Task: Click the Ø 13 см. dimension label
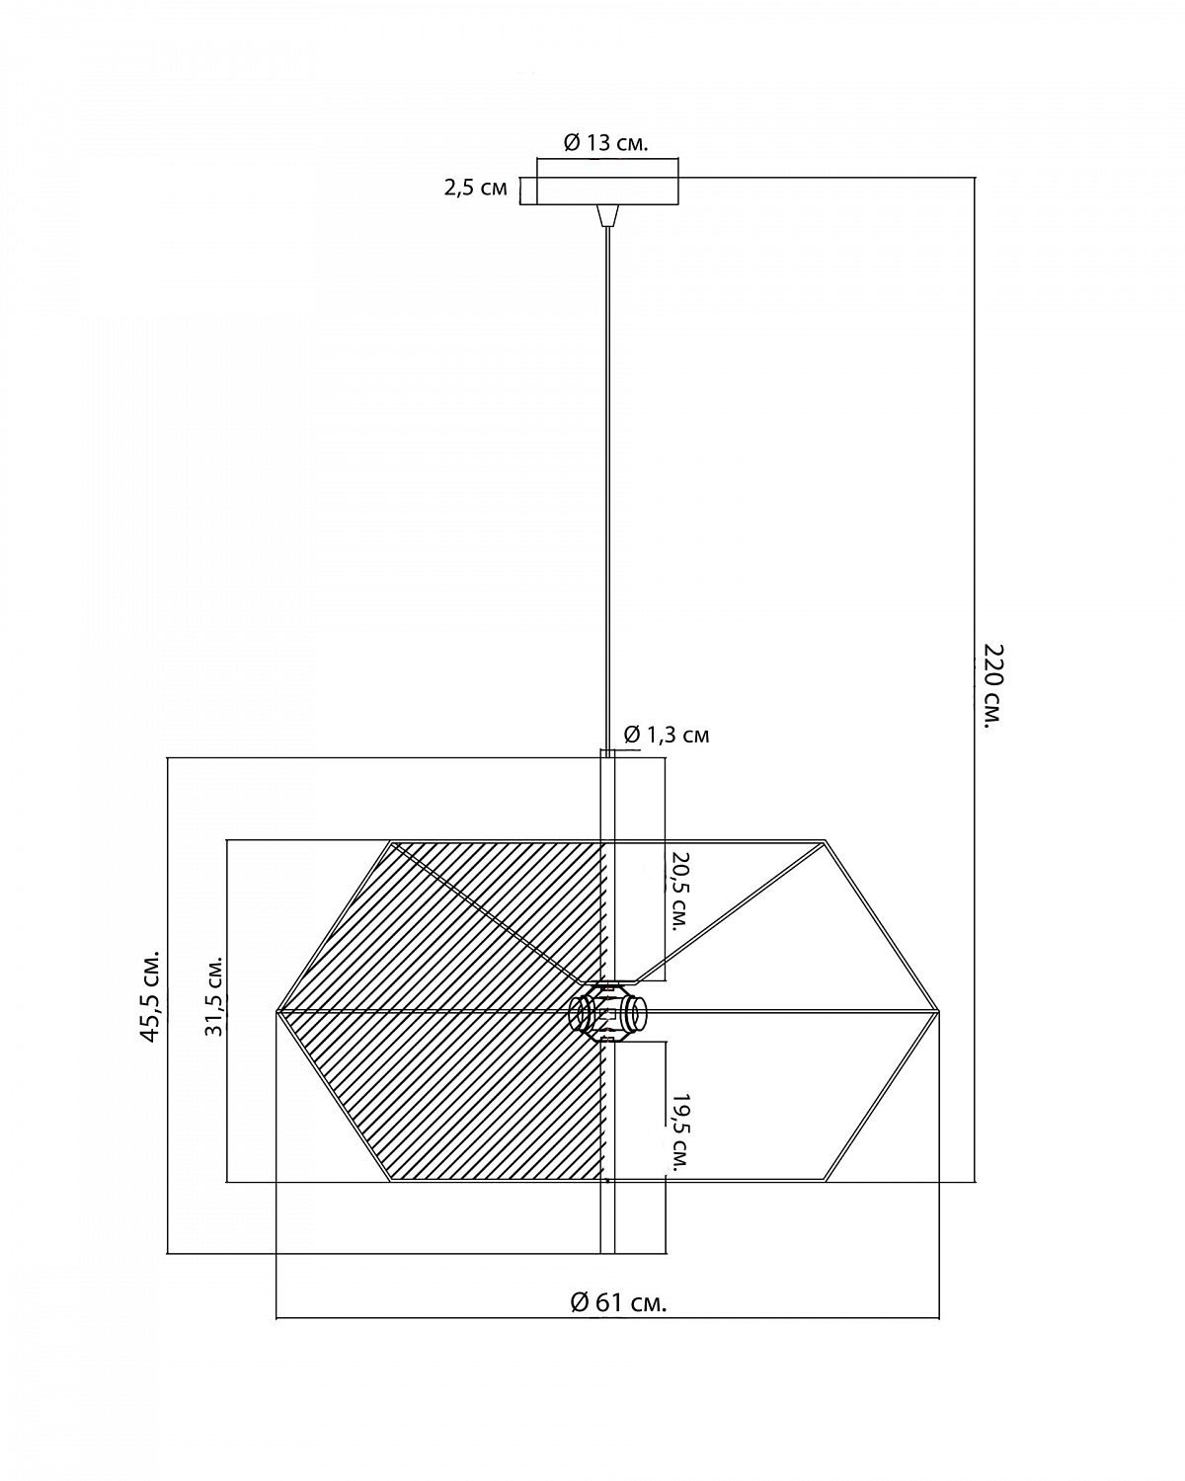[606, 143]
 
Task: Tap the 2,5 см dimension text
[475, 188]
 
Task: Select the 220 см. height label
[992, 686]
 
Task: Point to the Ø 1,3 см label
[667, 735]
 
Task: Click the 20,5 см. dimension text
[679, 892]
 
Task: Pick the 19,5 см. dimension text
[679, 1132]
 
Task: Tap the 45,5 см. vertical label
[150, 997]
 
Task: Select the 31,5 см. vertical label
[214, 996]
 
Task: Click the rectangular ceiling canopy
[607, 192]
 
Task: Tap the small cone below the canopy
[607, 215]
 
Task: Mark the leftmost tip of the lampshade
[276, 1012]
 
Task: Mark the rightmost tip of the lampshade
[939, 1012]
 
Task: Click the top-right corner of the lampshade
[825, 841]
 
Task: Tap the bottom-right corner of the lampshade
[825, 1181]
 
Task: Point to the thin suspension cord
[607, 489]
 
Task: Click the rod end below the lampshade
[607, 1252]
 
